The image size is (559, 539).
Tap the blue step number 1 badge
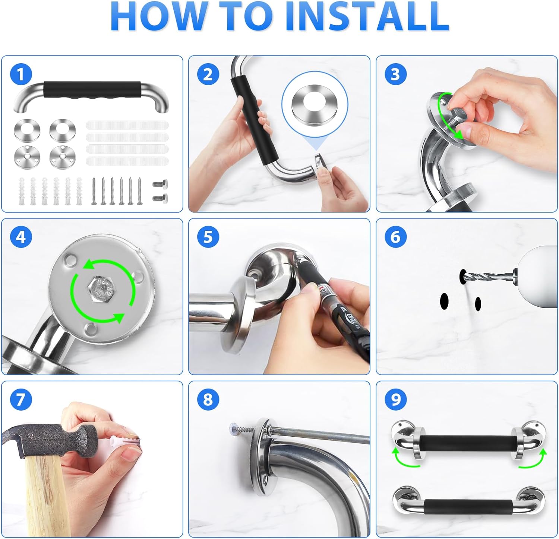click(21, 74)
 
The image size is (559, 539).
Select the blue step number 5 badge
click(208, 237)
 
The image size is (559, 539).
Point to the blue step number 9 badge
click(396, 399)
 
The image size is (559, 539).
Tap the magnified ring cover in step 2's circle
click(315, 102)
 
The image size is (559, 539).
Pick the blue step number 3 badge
click(395, 74)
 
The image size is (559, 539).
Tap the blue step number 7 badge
click(21, 399)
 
